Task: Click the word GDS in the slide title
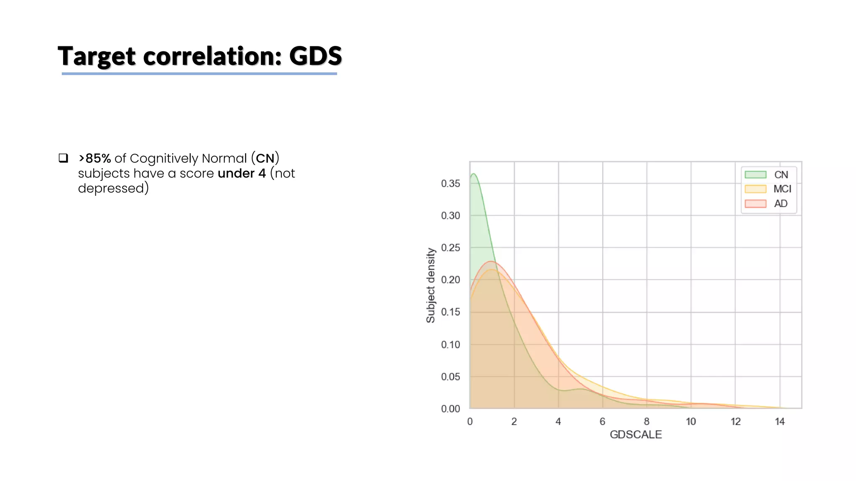point(315,56)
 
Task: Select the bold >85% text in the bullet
point(95,158)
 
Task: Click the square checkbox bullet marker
point(63,158)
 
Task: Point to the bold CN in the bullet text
point(265,158)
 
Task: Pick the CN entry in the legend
point(781,175)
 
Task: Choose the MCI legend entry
point(782,189)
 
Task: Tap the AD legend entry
point(780,204)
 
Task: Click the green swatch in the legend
point(755,175)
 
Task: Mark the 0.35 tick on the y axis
point(450,184)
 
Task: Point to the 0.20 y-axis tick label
point(450,280)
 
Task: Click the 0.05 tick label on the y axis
point(450,377)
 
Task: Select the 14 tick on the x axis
point(780,422)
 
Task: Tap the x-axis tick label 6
point(602,422)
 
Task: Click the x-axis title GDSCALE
point(635,435)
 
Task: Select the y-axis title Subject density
point(431,286)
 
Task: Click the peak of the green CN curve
point(474,174)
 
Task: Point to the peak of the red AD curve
point(492,261)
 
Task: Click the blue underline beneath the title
point(199,74)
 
